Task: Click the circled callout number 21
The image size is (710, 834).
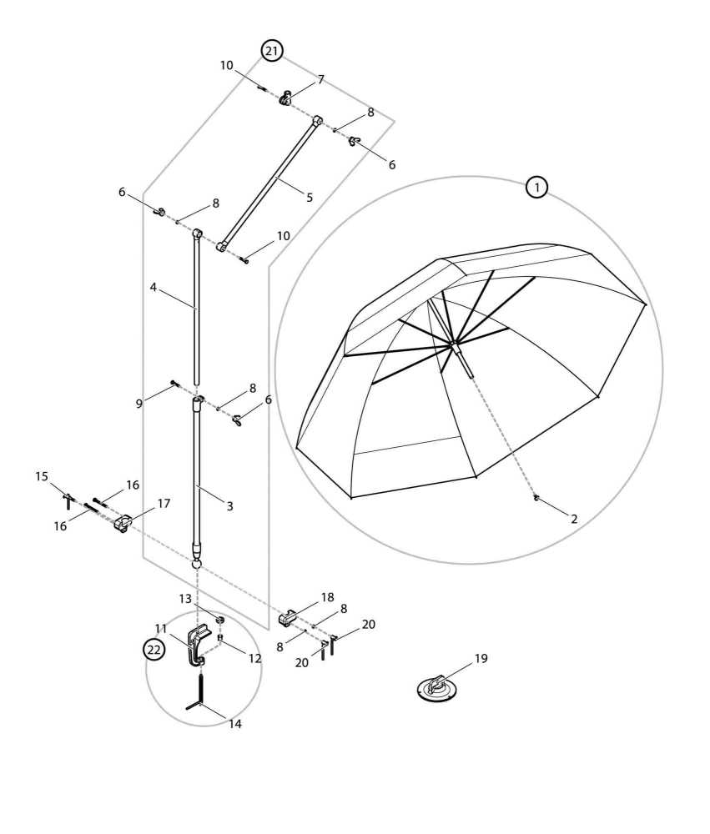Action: pyautogui.click(x=271, y=51)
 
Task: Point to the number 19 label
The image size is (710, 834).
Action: pyautogui.click(x=481, y=659)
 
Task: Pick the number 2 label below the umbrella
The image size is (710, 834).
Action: pyautogui.click(x=574, y=518)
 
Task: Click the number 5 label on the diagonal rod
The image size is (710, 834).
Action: pyautogui.click(x=310, y=198)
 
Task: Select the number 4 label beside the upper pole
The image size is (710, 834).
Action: pyautogui.click(x=154, y=287)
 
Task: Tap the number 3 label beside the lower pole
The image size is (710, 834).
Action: pyautogui.click(x=229, y=505)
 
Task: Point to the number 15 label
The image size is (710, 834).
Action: pyautogui.click(x=42, y=477)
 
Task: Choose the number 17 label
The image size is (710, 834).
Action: pyautogui.click(x=164, y=504)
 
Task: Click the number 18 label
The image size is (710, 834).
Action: pyautogui.click(x=327, y=597)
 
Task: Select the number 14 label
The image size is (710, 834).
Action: pyautogui.click(x=235, y=724)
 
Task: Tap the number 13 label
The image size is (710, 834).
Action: pyautogui.click(x=185, y=598)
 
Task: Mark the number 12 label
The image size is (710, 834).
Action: pyautogui.click(x=254, y=658)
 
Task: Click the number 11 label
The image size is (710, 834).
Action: pyautogui.click(x=161, y=628)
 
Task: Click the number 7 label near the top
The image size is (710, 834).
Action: pyautogui.click(x=320, y=80)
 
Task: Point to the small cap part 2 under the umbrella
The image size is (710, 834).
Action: pyautogui.click(x=536, y=499)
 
